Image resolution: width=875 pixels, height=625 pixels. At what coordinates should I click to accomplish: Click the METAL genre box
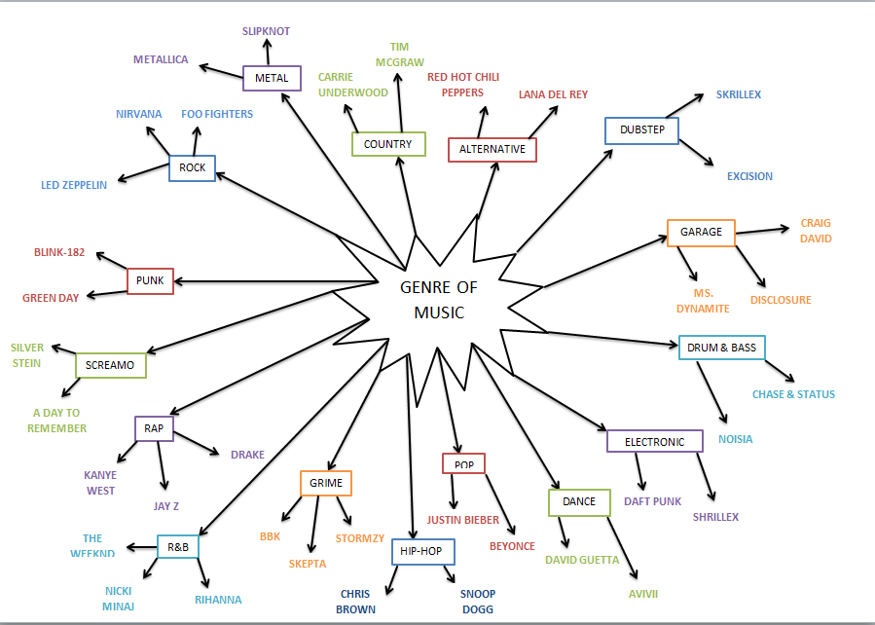point(272,78)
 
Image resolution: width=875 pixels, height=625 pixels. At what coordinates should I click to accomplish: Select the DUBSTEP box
point(641,130)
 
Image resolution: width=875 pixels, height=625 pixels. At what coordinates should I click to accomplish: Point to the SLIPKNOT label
point(266,31)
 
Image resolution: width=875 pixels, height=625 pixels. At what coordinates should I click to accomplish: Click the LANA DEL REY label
point(553,94)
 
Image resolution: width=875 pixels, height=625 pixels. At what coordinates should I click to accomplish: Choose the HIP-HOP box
point(422,552)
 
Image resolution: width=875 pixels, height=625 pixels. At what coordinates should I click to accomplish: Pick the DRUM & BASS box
point(721,348)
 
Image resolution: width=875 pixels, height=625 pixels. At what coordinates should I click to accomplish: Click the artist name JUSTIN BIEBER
point(462,520)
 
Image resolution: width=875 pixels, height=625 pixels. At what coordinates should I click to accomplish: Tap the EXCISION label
point(749,176)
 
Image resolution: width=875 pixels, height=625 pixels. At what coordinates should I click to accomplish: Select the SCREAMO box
point(111,365)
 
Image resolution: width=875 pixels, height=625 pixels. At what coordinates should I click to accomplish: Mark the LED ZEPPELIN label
point(74,185)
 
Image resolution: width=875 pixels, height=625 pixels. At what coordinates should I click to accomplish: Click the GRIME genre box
point(325,482)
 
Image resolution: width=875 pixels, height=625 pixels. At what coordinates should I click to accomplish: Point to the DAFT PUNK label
point(652,502)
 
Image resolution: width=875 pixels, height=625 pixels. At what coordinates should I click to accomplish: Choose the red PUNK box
point(150,281)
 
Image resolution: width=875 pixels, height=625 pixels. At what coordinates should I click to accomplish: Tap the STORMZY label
point(360,537)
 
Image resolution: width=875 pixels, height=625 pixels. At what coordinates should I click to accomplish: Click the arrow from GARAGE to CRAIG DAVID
point(761,231)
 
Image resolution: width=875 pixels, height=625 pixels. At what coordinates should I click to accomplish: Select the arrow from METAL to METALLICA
point(220,70)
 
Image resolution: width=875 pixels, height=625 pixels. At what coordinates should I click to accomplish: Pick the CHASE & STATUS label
point(793,394)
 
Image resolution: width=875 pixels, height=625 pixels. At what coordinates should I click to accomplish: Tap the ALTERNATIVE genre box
point(492,149)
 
